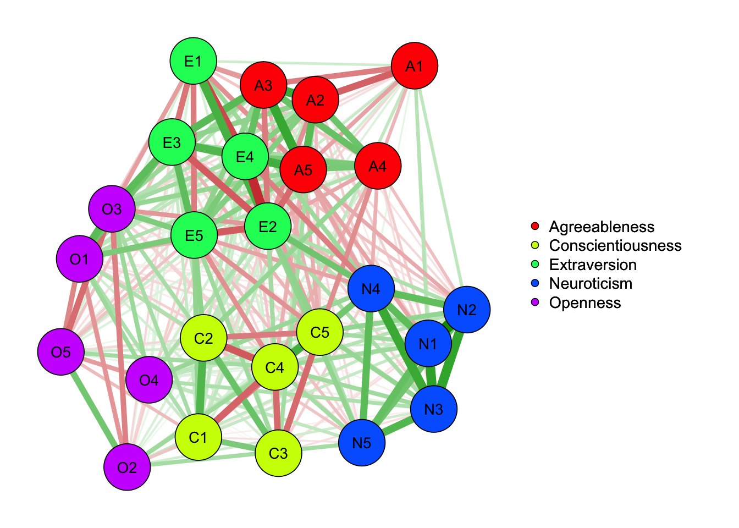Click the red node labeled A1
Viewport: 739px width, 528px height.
(x=415, y=65)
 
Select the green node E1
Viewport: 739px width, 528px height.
(x=193, y=61)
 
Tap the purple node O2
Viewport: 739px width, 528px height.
(x=127, y=467)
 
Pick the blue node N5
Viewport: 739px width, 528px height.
(x=362, y=443)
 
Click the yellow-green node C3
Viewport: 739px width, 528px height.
(x=278, y=453)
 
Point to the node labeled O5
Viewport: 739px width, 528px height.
(x=61, y=352)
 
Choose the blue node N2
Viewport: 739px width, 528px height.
(x=467, y=310)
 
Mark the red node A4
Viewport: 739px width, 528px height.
(x=378, y=166)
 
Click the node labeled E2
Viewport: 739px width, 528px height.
(x=268, y=226)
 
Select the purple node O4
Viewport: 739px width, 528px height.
(x=149, y=380)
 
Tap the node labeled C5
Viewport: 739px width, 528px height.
(x=319, y=332)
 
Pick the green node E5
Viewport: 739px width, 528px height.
(x=194, y=235)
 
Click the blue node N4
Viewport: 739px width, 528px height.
(x=371, y=289)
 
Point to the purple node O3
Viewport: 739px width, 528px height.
(x=112, y=209)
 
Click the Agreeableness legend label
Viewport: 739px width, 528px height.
(x=602, y=227)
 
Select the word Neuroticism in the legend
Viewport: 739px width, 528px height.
(x=591, y=283)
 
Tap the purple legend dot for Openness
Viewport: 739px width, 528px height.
(x=535, y=302)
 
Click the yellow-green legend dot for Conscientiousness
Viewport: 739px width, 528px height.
(x=535, y=245)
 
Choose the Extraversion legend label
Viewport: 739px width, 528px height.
(x=593, y=265)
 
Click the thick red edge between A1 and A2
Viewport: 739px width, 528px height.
(x=365, y=83)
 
